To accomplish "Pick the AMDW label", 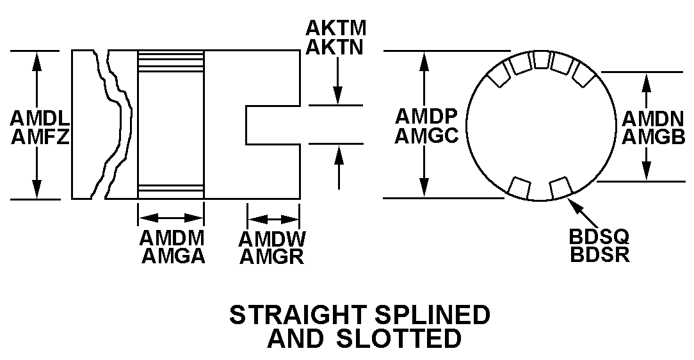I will pyautogui.click(x=271, y=239).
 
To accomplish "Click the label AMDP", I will pyautogui.click(x=426, y=116).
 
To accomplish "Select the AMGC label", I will pyautogui.click(x=426, y=135).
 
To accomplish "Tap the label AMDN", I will pyautogui.click(x=654, y=118).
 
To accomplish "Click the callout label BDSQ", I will pyautogui.click(x=599, y=236).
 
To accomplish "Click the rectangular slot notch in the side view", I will pyautogui.click(x=273, y=125).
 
